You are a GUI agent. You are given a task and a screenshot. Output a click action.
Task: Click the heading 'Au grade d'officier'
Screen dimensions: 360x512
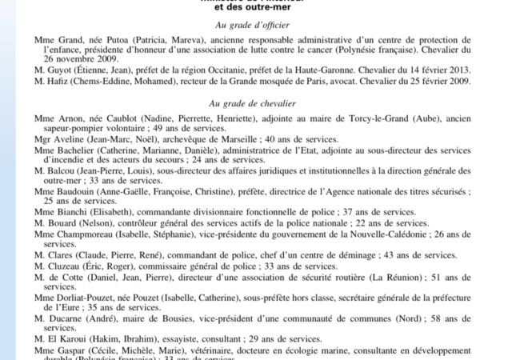255,26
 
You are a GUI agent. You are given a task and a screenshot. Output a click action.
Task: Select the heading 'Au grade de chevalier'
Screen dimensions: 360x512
255,104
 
